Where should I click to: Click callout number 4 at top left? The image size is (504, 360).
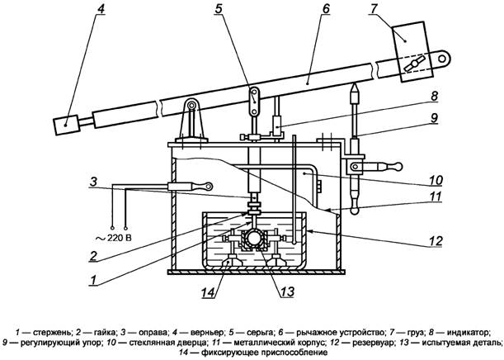(101, 9)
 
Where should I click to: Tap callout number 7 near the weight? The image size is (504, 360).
(373, 9)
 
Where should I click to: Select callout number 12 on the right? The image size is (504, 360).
(436, 241)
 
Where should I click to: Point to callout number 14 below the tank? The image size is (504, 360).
(208, 292)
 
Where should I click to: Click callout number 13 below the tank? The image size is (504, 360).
(287, 291)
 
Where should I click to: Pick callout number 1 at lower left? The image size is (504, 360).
(93, 280)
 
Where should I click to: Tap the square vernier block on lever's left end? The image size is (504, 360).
(66, 126)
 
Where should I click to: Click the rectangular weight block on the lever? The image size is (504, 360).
(412, 51)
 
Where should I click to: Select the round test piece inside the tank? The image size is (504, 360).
(254, 239)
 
